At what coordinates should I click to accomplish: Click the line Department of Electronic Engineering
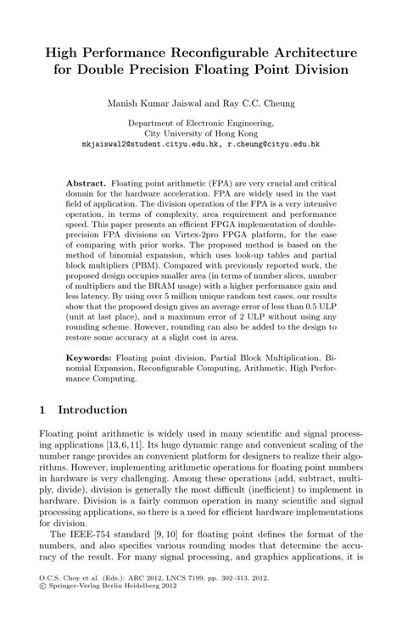point(200,124)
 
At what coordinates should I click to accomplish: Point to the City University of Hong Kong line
point(200,134)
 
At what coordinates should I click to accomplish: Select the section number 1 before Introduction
point(43,410)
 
